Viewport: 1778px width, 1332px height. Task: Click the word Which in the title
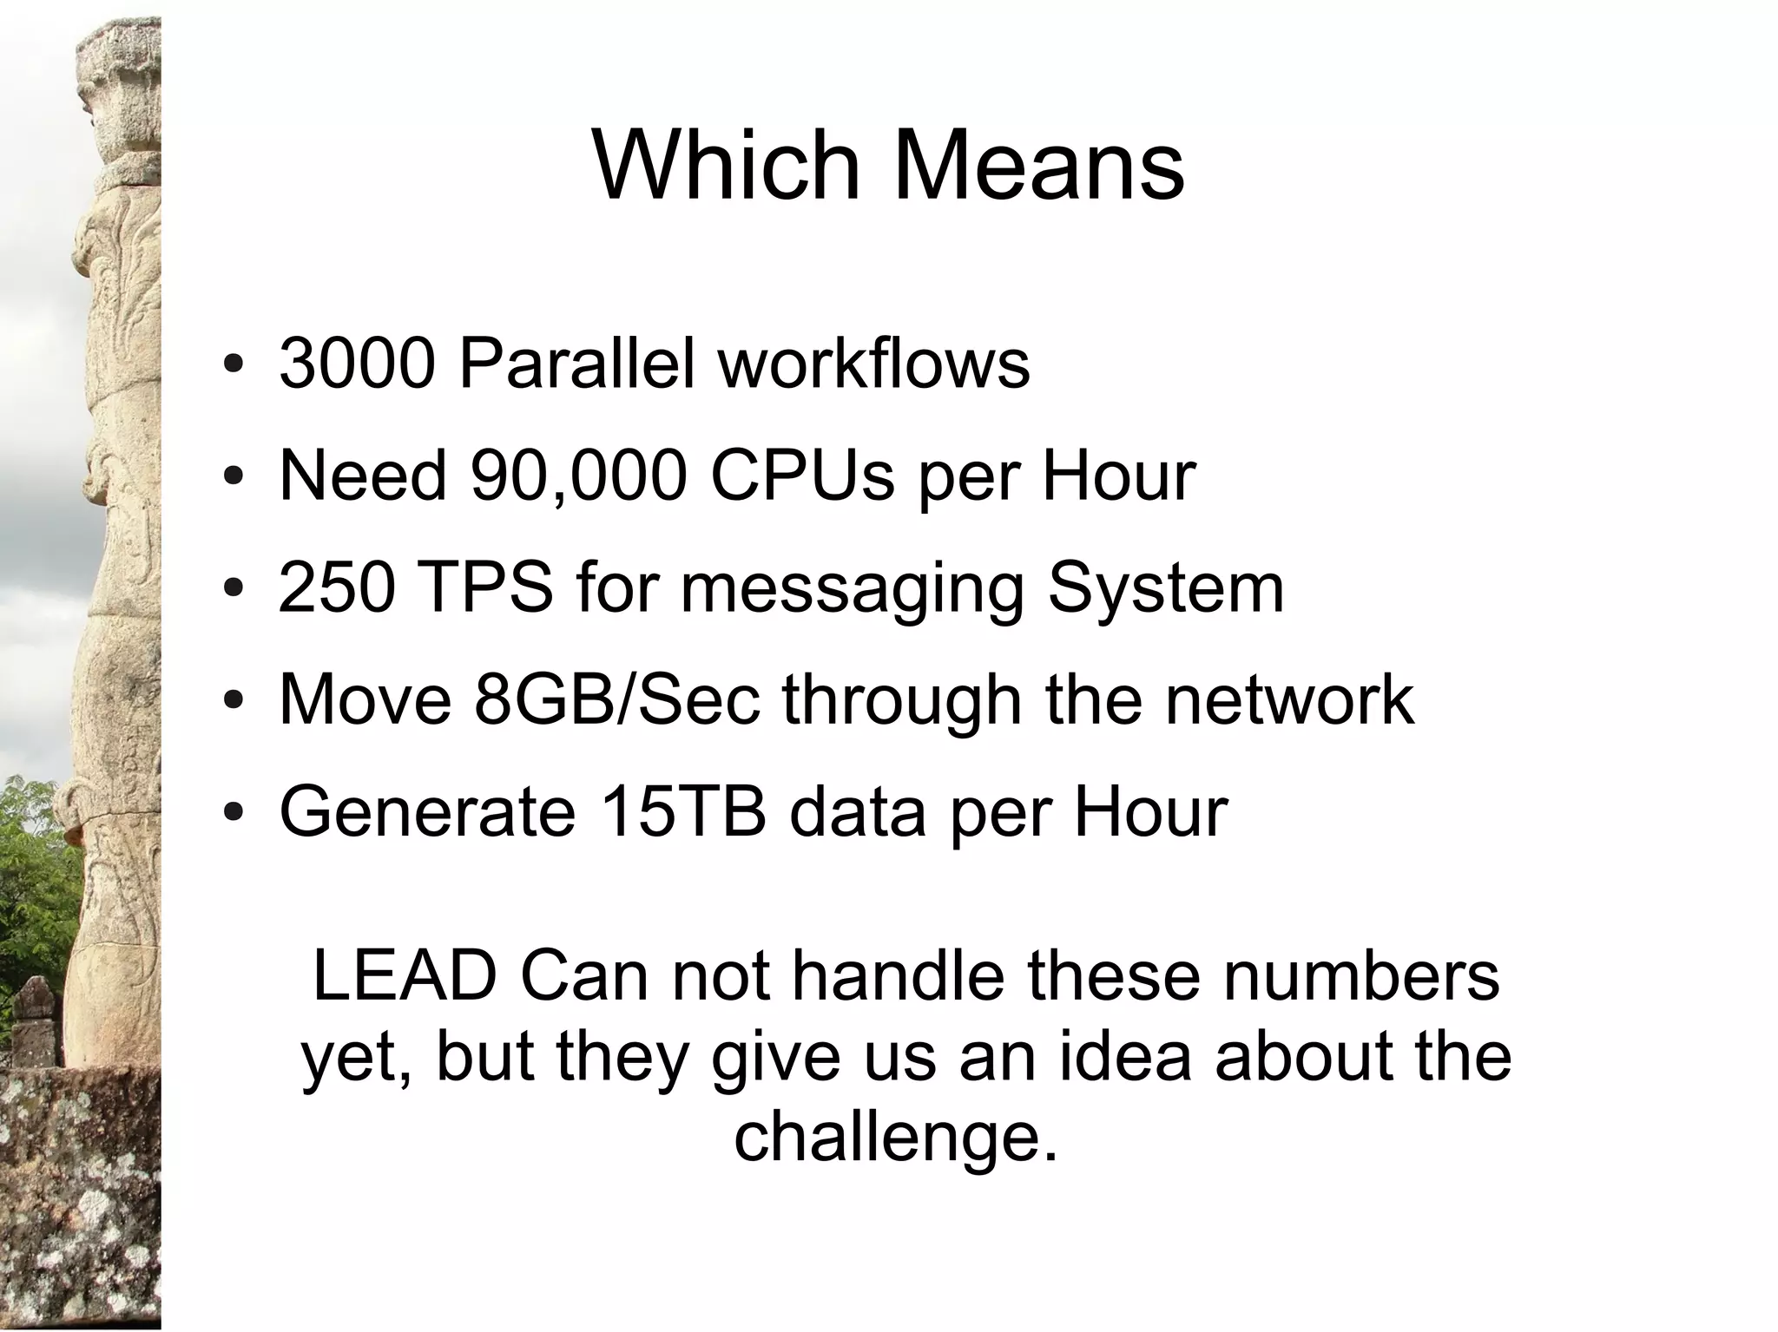point(725,165)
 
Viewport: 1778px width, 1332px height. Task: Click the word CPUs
point(802,476)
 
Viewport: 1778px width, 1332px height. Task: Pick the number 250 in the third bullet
point(337,587)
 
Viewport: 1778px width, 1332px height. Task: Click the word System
point(1166,587)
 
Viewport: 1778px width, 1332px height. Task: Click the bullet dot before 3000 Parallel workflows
point(233,364)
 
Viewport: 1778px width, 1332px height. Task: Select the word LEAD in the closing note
point(404,976)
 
